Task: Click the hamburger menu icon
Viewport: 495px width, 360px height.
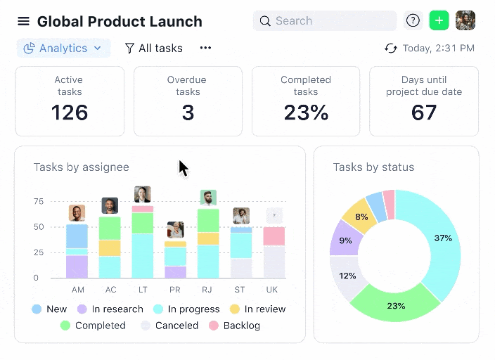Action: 24,22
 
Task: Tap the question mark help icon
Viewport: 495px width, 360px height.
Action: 413,21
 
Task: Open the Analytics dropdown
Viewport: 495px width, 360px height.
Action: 63,49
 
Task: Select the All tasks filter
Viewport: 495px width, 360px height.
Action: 153,49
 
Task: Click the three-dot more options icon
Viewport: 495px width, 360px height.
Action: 205,49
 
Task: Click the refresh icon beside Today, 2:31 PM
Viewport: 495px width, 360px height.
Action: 391,49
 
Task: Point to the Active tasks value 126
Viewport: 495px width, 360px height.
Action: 69,112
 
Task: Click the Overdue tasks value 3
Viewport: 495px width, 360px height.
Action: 188,112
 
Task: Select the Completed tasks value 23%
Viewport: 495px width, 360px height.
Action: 306,112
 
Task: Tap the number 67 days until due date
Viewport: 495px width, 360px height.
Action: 424,112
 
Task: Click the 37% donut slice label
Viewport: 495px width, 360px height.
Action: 443,238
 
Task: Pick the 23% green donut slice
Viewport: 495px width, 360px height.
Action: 396,306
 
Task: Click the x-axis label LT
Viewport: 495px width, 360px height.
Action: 143,290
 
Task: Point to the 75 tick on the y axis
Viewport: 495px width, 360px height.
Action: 38,202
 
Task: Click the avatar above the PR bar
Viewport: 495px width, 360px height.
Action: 176,230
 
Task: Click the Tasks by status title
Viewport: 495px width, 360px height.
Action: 373,167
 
